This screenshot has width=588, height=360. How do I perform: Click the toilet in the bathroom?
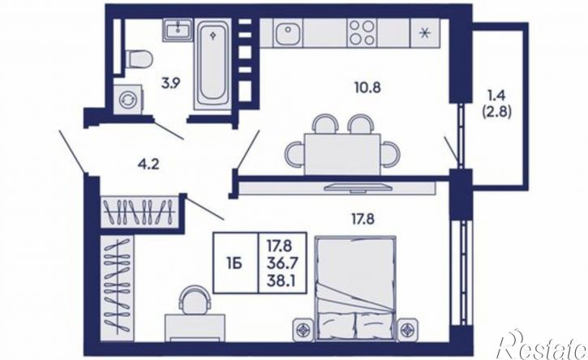(x=138, y=60)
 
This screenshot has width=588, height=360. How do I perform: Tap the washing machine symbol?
(x=129, y=99)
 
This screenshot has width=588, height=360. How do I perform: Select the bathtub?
(x=212, y=65)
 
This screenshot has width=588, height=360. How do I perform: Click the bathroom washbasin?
(x=178, y=30)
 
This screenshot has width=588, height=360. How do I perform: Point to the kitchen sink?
(x=288, y=33)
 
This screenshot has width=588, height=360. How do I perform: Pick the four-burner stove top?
(x=362, y=33)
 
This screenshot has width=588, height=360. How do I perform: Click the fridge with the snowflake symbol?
(x=425, y=33)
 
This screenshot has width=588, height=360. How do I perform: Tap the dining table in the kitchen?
(x=343, y=154)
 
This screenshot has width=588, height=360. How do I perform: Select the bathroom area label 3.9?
(x=171, y=83)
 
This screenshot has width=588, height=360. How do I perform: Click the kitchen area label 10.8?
(x=367, y=88)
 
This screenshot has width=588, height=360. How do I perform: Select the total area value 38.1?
(x=281, y=281)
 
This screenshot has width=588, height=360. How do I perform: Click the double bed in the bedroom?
(x=356, y=288)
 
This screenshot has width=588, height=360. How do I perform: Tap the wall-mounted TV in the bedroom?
(x=358, y=187)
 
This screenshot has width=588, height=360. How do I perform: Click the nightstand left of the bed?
(x=303, y=330)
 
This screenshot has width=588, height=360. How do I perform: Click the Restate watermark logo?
(x=541, y=345)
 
